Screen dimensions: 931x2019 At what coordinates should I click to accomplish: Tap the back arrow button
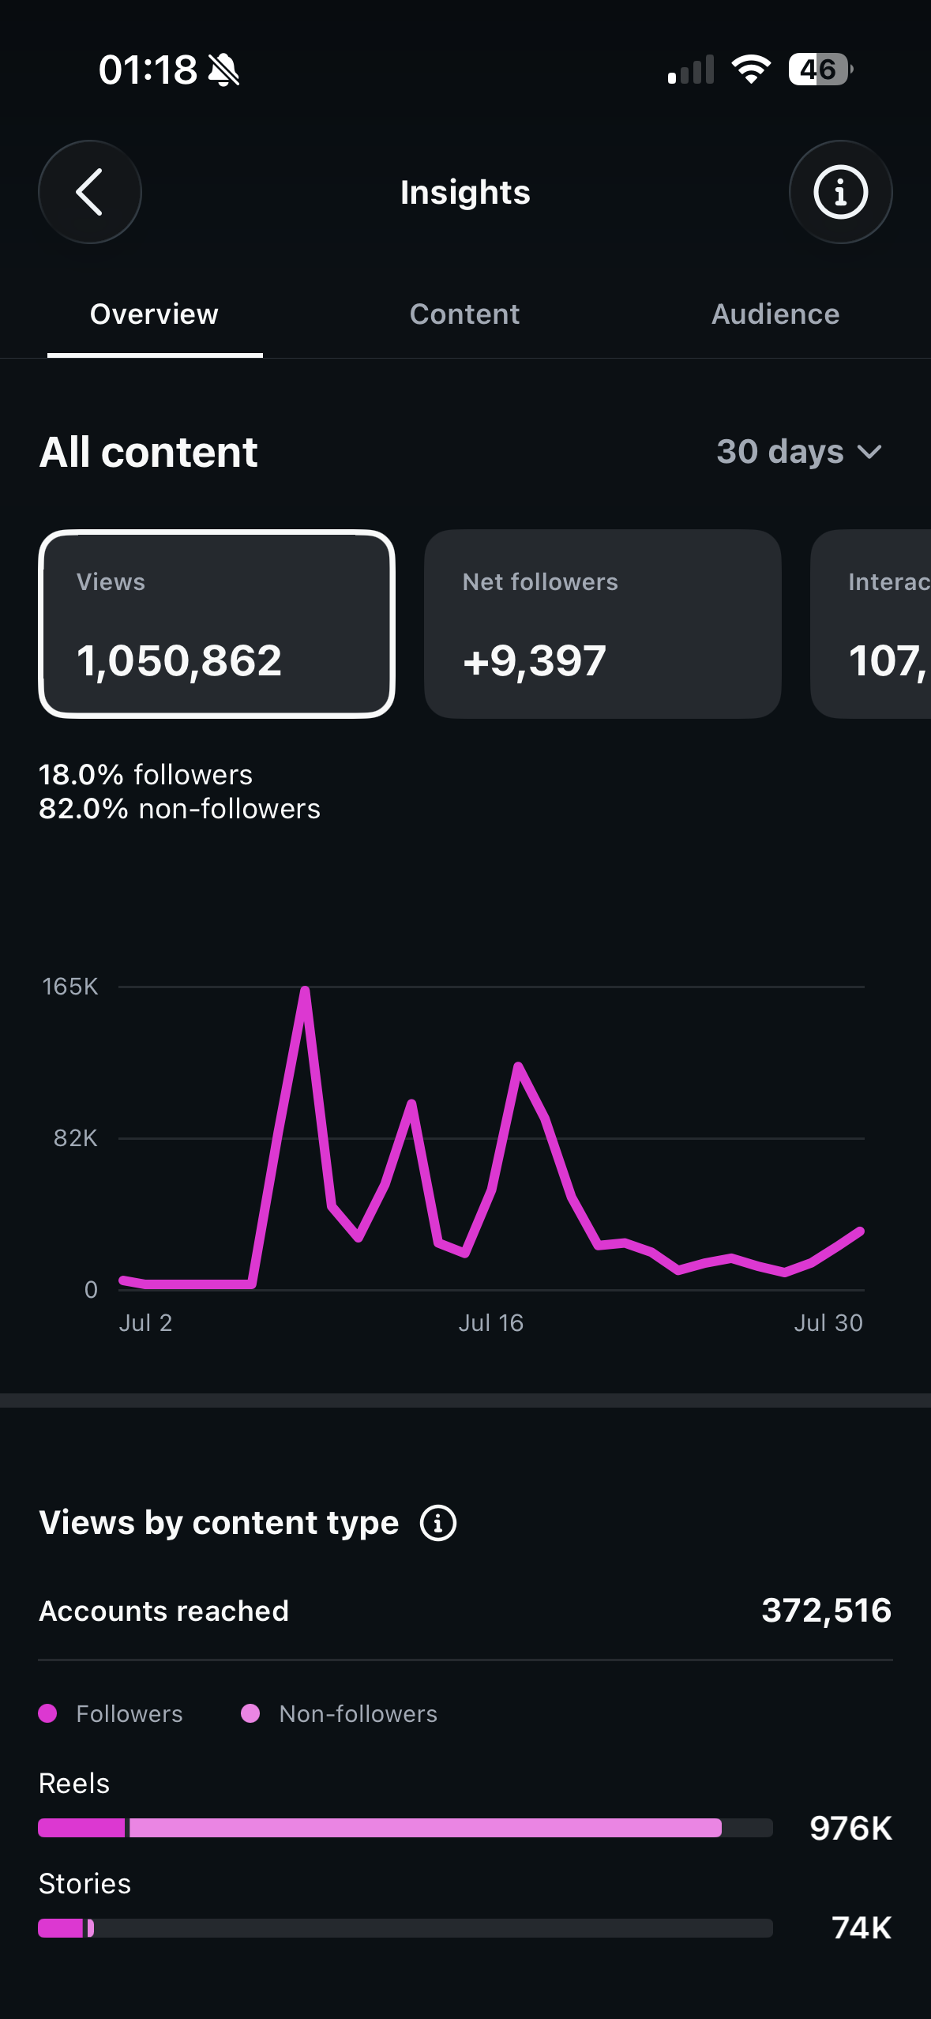(90, 192)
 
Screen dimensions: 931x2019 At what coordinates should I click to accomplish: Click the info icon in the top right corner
(840, 192)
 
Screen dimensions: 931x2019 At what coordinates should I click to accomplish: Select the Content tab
(464, 314)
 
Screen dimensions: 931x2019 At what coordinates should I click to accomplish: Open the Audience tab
(775, 314)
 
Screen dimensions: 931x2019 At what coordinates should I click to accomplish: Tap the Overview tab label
(154, 314)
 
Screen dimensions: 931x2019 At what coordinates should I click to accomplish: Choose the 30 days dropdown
(799, 452)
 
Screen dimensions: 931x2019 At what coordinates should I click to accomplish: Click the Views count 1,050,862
(179, 660)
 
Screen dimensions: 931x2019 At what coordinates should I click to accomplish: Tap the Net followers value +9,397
(535, 660)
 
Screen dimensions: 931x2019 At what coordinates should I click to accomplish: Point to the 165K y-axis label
(70, 987)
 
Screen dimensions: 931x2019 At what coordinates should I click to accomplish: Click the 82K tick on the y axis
(76, 1138)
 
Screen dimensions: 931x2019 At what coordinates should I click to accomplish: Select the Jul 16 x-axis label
(491, 1323)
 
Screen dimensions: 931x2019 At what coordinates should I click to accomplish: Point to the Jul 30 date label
(828, 1323)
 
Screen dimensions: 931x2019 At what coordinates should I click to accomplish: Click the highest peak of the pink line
(305, 991)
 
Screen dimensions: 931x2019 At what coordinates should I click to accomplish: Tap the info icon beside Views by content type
(438, 1523)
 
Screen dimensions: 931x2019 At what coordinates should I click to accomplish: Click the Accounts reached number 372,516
(827, 1611)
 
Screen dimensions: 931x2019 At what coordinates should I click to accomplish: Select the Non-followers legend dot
(250, 1713)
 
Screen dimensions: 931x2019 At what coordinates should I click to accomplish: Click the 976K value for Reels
(851, 1829)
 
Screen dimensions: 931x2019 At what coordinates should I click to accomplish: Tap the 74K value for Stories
(862, 1928)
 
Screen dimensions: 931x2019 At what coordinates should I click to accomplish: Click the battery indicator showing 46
(820, 70)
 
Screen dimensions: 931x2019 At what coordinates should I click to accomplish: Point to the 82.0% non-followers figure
(179, 809)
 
